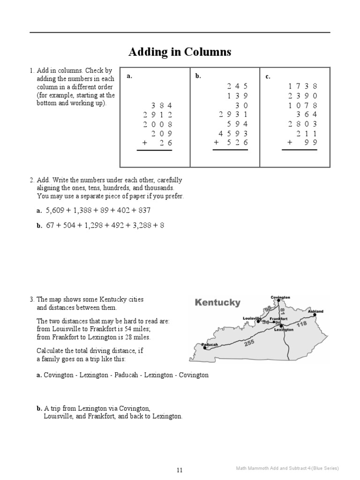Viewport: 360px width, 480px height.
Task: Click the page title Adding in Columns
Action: (x=180, y=52)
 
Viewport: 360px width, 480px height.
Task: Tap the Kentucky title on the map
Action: (x=217, y=303)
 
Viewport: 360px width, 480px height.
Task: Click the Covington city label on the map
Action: (x=280, y=297)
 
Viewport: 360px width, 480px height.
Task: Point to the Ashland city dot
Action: (x=315, y=315)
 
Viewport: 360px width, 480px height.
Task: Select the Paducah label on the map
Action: (x=210, y=345)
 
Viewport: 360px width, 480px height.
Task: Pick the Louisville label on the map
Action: (x=252, y=318)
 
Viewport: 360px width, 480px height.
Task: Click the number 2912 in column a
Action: (x=158, y=115)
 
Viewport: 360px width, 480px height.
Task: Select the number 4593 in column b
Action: (x=230, y=133)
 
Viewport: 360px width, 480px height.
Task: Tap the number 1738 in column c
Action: (x=302, y=86)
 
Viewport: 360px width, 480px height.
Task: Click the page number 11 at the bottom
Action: (x=180, y=470)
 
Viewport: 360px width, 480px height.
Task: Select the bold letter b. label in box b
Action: (x=198, y=76)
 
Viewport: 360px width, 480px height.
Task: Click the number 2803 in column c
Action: (x=302, y=124)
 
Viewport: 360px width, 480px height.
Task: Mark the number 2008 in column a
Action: (x=158, y=124)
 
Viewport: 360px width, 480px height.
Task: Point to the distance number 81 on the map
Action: (x=282, y=311)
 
